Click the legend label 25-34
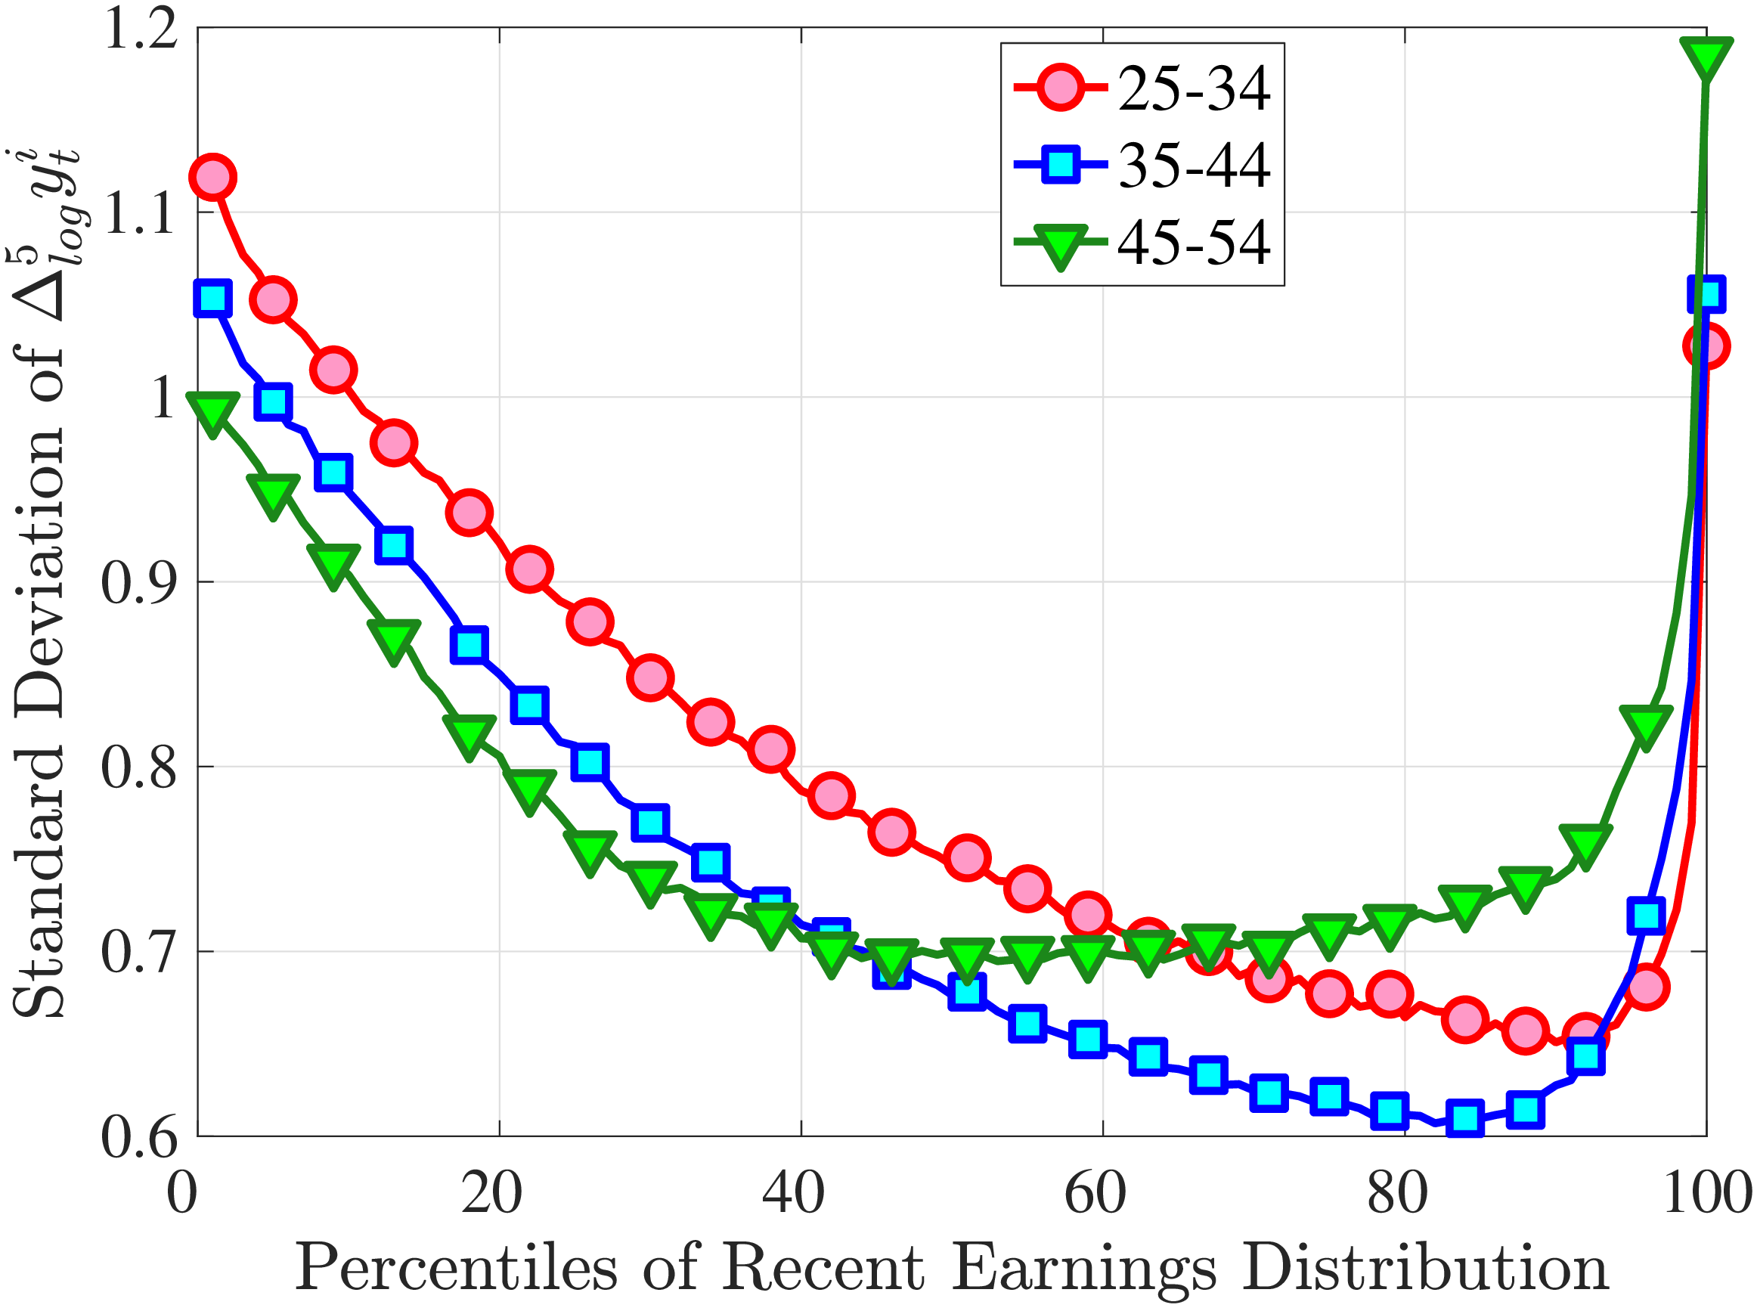pos(1193,88)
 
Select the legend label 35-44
pos(1193,165)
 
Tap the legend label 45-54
pos(1193,241)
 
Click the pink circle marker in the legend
pos(1060,88)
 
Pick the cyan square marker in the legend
pos(1060,165)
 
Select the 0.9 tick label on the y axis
pos(138,583)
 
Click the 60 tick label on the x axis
pos(1095,1192)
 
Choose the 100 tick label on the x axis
pos(1706,1192)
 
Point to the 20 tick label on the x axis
pos(491,1192)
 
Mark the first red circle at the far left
pos(212,177)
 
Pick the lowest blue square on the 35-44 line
pos(1465,1118)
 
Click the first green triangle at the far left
pos(212,413)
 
